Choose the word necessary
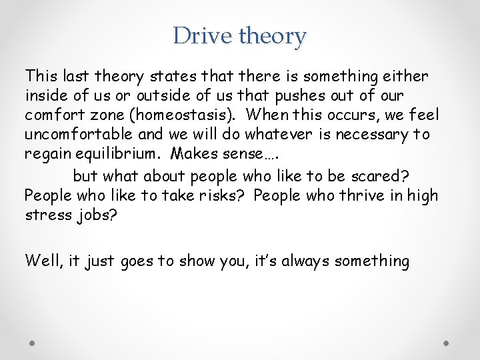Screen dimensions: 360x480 click(x=373, y=135)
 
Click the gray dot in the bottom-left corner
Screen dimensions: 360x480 click(x=33, y=343)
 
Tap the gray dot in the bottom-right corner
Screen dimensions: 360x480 click(x=447, y=343)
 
